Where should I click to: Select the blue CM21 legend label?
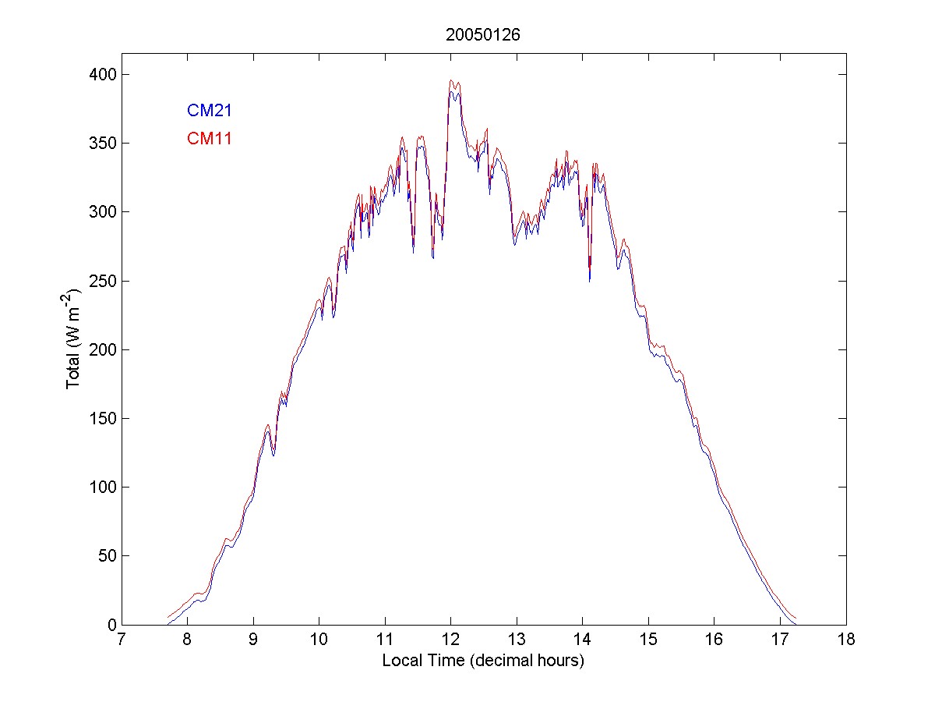209,111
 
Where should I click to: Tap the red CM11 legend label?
209,140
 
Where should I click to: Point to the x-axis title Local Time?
483,661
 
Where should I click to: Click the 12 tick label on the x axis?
450,640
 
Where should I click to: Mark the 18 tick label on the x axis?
846,640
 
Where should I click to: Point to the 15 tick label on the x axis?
648,640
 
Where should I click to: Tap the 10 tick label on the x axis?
319,640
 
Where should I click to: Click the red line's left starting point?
168,617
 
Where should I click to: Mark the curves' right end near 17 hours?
795,620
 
